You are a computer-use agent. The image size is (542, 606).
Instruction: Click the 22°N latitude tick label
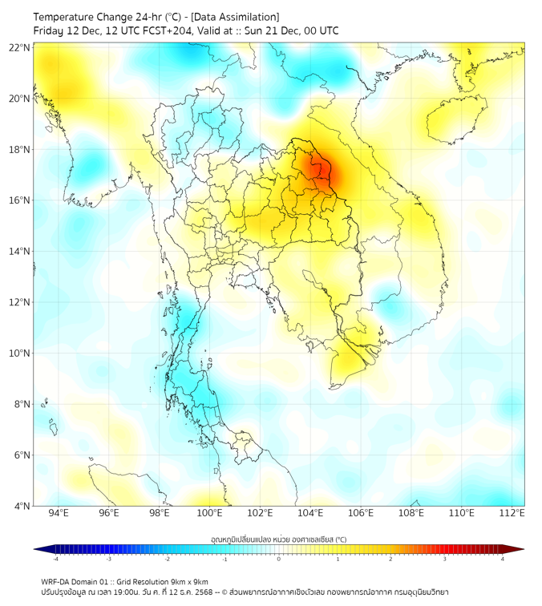click(x=20, y=47)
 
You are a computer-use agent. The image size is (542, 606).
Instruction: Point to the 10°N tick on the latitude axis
click(x=20, y=353)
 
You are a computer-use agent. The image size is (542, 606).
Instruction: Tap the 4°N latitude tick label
click(x=22, y=506)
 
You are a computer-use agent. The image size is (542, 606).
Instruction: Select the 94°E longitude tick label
click(x=59, y=513)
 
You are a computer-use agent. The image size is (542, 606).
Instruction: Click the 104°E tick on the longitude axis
click(x=310, y=513)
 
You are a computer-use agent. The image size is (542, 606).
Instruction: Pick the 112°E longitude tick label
click(x=512, y=513)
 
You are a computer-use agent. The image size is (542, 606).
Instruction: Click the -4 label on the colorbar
click(x=55, y=559)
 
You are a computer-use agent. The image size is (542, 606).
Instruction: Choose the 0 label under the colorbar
click(x=279, y=559)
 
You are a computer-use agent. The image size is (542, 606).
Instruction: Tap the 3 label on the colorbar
click(x=446, y=559)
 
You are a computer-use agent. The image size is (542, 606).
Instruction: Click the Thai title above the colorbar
click(x=278, y=539)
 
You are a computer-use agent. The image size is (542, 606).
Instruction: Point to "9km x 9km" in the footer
click(x=189, y=581)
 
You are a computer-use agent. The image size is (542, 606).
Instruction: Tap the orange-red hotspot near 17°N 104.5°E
click(x=322, y=172)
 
